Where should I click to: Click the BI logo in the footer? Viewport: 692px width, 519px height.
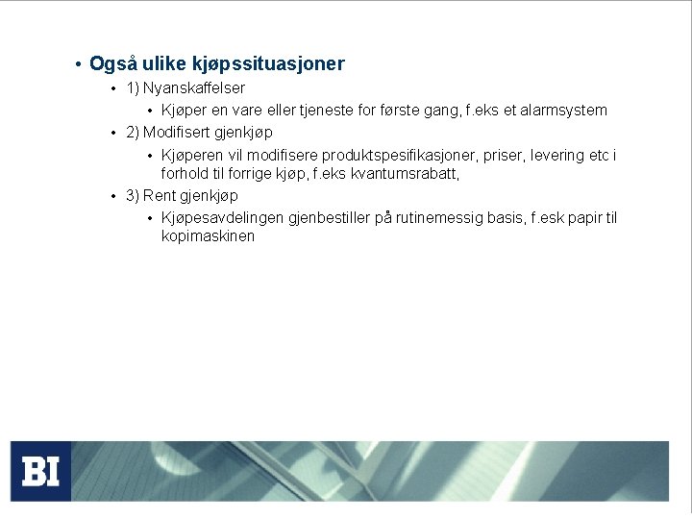coord(40,471)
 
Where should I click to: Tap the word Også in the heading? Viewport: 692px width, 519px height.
coord(112,64)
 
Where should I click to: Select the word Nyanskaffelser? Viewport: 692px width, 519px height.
coord(194,87)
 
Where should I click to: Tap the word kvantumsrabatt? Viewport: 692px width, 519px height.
coord(403,175)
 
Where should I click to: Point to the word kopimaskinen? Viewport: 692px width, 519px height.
coord(208,236)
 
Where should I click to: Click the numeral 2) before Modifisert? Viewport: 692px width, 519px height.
coord(133,133)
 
